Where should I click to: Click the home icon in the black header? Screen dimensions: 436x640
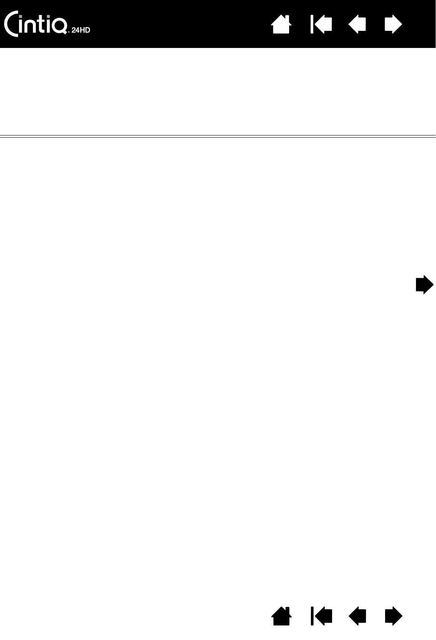[x=281, y=25]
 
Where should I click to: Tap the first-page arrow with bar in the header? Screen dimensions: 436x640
[x=321, y=25]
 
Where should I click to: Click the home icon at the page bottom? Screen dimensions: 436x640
[x=281, y=616]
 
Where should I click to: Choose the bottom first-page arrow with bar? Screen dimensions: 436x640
[x=321, y=616]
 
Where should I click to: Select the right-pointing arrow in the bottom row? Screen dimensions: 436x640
[x=393, y=616]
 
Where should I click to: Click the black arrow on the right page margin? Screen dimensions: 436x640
[x=424, y=285]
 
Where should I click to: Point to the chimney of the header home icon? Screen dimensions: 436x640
[x=287, y=18]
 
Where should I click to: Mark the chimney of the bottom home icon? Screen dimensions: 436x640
[x=287, y=610]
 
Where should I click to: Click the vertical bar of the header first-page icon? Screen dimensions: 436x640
[x=312, y=25]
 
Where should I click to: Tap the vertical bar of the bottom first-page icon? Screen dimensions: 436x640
[x=312, y=616]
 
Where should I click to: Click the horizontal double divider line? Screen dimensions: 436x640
[x=218, y=136]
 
